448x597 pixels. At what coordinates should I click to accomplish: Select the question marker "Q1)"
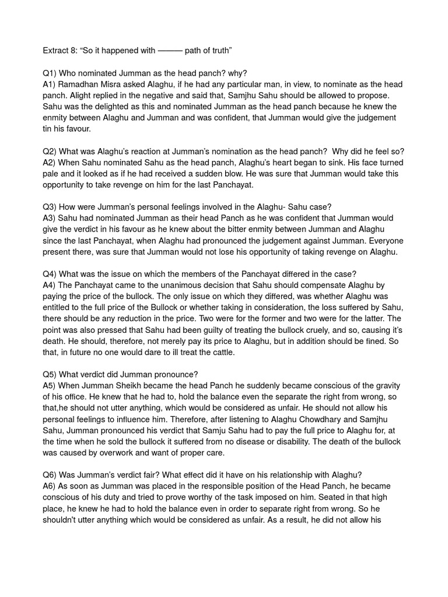click(51, 73)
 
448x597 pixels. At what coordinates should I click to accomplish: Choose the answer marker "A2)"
click(51, 162)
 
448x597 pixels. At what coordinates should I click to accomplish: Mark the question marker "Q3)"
click(51, 208)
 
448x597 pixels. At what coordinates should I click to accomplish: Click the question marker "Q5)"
click(51, 374)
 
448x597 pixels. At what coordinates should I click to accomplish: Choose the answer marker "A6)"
click(51, 486)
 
